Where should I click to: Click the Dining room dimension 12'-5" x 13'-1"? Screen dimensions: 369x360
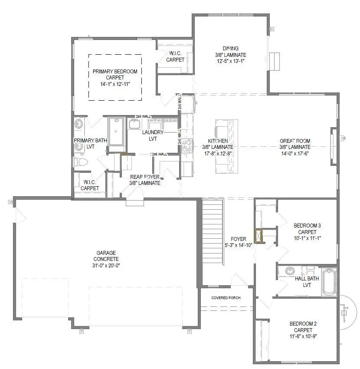(230, 62)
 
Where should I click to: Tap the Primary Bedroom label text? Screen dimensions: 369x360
(115, 71)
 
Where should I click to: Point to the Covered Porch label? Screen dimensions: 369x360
(226, 298)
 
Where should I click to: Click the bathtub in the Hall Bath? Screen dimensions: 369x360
(329, 282)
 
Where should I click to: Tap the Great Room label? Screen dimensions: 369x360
(295, 141)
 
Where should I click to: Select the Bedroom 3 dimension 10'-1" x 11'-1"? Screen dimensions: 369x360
(307, 238)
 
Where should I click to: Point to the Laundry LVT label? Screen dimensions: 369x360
(153, 132)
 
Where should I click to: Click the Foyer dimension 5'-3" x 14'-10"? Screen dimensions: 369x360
(239, 245)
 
